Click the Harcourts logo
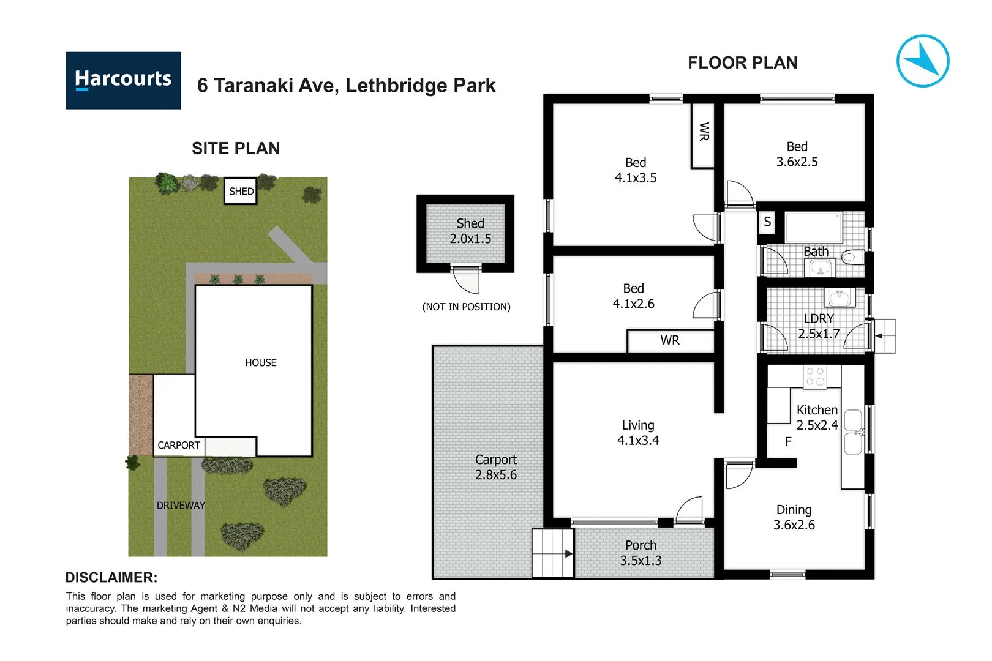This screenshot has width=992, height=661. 123,80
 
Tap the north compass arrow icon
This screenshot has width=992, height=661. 922,61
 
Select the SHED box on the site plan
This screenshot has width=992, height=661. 241,191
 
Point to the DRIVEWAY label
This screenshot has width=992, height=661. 181,505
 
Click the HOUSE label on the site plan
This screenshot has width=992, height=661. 261,362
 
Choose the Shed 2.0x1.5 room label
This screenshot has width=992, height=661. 470,231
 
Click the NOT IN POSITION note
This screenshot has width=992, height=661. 466,307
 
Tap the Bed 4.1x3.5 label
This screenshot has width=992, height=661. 636,170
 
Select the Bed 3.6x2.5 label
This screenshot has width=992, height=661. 797,154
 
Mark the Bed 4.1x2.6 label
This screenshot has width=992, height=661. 633,296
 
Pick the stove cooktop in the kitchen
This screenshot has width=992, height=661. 815,376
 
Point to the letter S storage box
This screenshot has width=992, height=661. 767,222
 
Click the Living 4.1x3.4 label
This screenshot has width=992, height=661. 638,433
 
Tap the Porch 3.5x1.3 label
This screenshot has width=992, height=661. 641,553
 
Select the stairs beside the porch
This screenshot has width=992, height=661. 552,553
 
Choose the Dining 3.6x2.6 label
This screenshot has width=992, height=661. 794,517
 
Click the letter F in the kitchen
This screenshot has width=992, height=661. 788,441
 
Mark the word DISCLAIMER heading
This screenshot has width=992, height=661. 111,577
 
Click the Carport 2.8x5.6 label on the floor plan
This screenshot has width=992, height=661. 496,467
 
